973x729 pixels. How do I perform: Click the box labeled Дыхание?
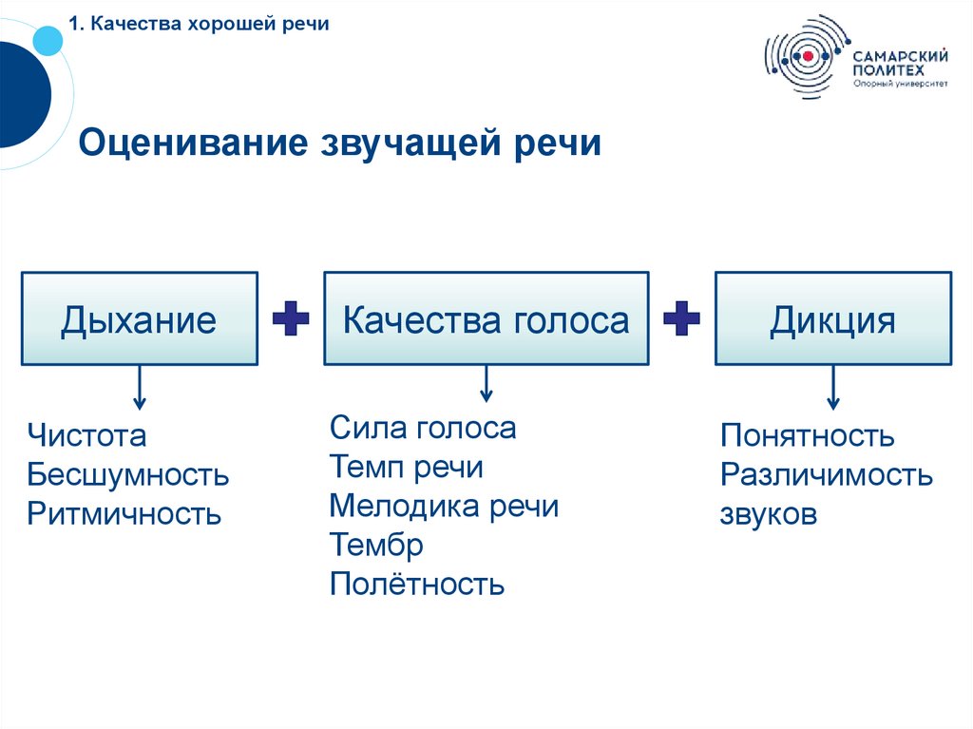click(x=139, y=319)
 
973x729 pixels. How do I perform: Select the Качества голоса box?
click(x=486, y=319)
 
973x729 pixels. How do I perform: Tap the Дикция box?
click(x=832, y=319)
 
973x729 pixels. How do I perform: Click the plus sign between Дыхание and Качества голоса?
click(x=291, y=320)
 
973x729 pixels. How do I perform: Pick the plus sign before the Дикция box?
click(x=681, y=320)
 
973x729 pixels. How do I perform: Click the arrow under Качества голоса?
click(x=486, y=384)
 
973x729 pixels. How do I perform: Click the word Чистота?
click(x=87, y=436)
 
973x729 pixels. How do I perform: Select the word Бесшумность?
click(x=128, y=474)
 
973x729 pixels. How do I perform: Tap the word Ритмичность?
click(x=124, y=514)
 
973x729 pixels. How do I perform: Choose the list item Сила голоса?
click(x=423, y=428)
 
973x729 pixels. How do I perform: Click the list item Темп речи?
click(x=407, y=467)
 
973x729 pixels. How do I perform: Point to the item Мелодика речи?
click(x=444, y=506)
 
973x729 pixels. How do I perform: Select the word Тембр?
click(x=376, y=545)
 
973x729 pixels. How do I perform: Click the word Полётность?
click(x=417, y=584)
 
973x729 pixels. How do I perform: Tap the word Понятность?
click(x=808, y=436)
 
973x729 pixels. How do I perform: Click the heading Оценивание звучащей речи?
click(x=340, y=144)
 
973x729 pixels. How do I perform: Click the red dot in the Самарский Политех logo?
click(x=808, y=56)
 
